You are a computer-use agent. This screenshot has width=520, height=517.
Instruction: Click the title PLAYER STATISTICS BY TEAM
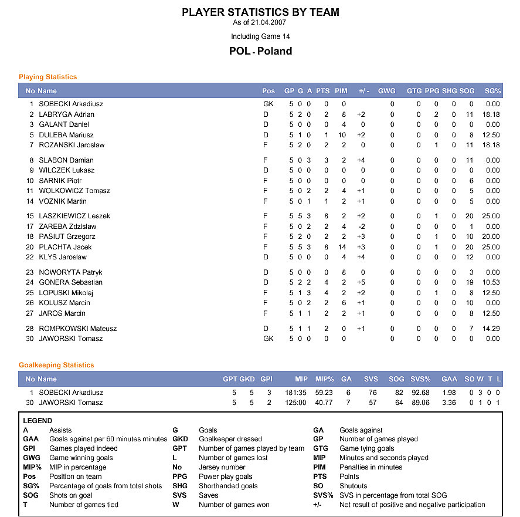coord(260,12)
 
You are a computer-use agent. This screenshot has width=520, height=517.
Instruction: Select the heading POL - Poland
coord(260,51)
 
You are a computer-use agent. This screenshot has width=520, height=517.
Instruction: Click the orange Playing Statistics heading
coord(47,77)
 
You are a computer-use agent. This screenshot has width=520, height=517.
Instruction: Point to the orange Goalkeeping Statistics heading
coord(56,365)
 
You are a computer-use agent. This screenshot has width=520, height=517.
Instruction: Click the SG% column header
coord(492,91)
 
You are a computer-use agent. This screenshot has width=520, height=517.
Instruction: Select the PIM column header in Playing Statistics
coord(341,91)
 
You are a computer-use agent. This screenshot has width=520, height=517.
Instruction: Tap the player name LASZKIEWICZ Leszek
coord(74,216)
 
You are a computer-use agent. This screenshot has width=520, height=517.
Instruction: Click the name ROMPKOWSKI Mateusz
coord(77,329)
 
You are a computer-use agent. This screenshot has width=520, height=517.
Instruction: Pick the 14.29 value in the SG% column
coord(492,329)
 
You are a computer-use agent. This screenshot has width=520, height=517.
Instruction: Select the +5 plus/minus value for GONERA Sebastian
coord(361,282)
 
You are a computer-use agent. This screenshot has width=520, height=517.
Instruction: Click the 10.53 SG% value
coord(492,282)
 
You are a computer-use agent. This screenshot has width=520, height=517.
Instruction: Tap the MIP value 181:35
coord(297,393)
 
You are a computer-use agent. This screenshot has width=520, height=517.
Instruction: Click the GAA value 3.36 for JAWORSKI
coord(448,403)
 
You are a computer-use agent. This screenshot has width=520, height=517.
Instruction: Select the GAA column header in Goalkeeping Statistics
coord(449,379)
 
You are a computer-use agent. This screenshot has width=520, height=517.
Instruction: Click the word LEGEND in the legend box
coord(38,421)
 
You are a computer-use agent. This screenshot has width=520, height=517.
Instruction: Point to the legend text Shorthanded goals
coord(228,486)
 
